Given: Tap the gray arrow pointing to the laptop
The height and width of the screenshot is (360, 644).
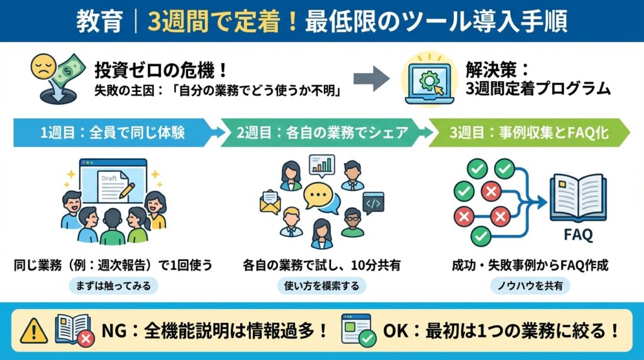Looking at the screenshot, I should tap(372, 79).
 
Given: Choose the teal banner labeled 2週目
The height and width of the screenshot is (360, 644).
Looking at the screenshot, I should tap(321, 133).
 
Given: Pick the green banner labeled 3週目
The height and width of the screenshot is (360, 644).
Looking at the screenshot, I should tap(528, 133).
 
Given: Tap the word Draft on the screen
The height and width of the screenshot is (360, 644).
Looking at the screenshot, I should tap(109, 179).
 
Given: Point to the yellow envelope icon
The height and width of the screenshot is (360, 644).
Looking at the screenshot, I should tap(270, 202).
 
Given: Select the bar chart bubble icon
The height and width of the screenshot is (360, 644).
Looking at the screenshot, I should tap(321, 164).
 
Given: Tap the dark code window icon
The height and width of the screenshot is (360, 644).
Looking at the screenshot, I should tap(373, 201).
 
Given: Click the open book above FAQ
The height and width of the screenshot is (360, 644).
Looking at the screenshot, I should tap(578, 197).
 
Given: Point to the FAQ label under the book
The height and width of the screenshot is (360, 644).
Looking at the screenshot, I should tap(578, 236).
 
